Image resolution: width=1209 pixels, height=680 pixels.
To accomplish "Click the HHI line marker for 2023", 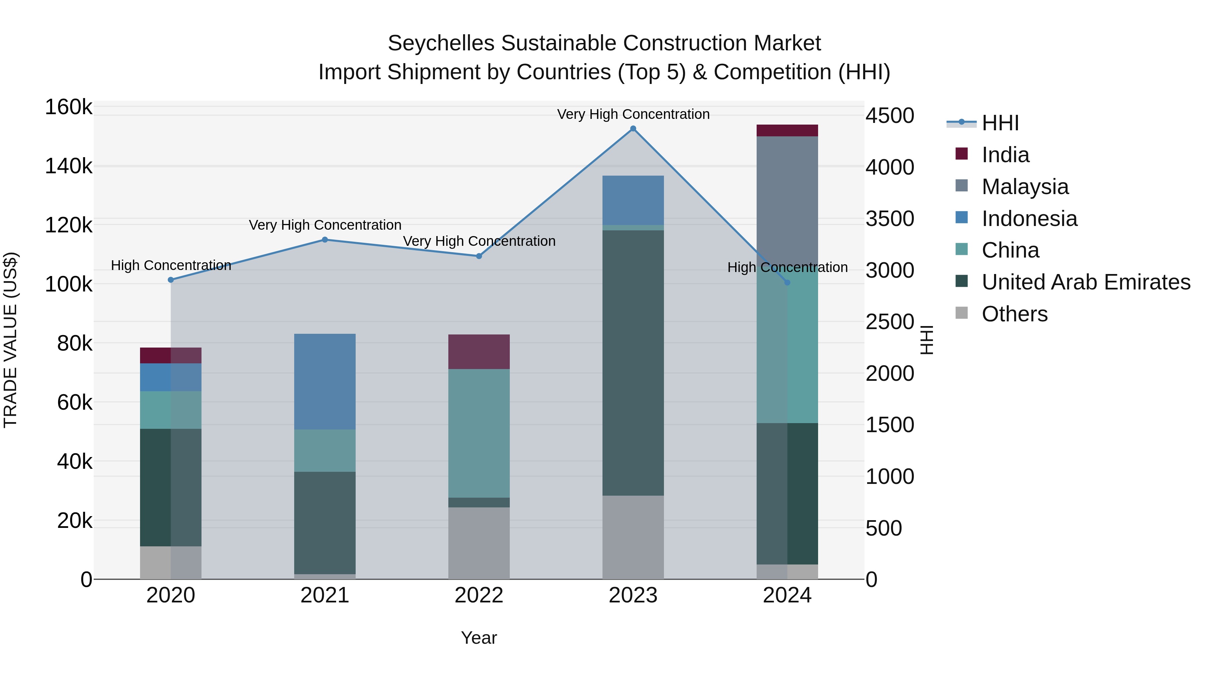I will coord(633,129).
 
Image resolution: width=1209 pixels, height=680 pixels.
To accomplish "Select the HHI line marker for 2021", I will coord(325,240).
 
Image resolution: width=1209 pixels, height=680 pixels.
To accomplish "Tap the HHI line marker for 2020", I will coord(171,280).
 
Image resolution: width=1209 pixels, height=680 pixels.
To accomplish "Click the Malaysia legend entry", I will coord(1025,187).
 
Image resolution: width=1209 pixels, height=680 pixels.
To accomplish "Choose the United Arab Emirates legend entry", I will coord(1085,282).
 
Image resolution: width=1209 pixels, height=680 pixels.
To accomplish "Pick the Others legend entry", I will coord(1014,314).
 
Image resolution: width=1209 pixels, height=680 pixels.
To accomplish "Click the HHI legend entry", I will coord(1000,123).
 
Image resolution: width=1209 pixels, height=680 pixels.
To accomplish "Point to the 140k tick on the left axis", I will coord(69,166).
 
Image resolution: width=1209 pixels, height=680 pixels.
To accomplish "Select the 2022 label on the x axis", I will coord(479,595).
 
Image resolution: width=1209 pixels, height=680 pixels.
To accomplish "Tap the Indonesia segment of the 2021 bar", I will coord(325,381).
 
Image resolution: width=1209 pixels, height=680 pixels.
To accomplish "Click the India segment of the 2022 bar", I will coord(479,352).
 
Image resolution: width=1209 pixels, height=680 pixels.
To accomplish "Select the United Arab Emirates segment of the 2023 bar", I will coord(633,363).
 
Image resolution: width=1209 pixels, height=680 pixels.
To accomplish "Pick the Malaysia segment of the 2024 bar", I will coord(787,197).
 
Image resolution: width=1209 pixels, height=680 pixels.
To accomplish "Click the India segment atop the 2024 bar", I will coord(787,131).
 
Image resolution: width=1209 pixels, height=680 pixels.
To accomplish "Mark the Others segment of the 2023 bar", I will coord(633,537).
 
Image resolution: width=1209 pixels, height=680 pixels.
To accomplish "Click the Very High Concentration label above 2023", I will coord(633,114).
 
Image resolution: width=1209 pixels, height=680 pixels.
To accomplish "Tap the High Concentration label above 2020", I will coord(171,265).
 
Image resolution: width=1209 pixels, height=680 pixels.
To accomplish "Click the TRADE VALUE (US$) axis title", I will coord(10,340).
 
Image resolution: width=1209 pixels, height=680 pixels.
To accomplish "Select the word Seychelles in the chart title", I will coord(441,43).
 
